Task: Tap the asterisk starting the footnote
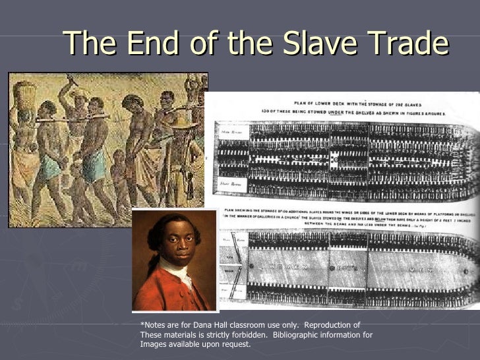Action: pyautogui.click(x=142, y=324)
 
